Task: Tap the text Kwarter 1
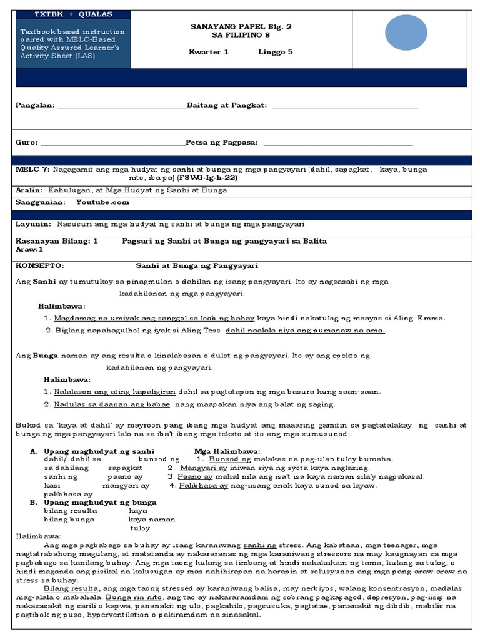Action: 209,52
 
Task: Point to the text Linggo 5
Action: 276,52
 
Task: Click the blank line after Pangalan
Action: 122,106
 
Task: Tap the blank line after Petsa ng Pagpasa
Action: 338,143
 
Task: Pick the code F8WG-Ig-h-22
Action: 207,178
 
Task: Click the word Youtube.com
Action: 102,202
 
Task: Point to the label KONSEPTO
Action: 39,265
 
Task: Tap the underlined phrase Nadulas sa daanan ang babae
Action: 117,404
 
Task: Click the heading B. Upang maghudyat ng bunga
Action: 93,502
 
